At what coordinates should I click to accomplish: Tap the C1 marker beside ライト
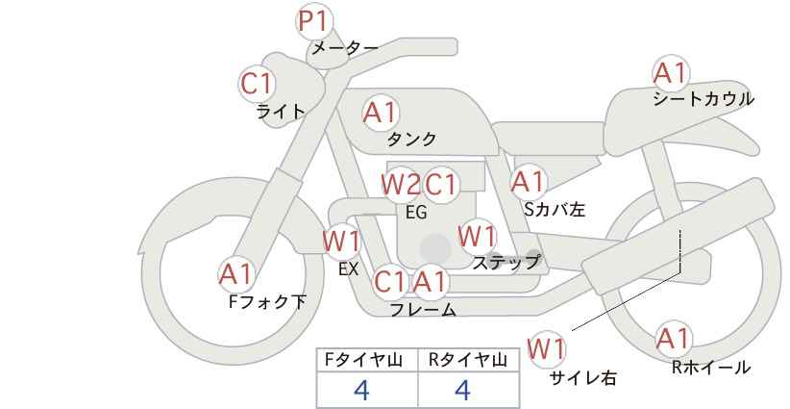click(x=257, y=85)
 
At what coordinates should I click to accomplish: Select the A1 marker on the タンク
click(x=380, y=114)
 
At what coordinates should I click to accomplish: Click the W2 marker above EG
click(x=400, y=184)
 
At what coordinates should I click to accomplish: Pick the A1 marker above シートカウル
click(x=670, y=73)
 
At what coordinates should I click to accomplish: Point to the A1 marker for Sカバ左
click(x=528, y=182)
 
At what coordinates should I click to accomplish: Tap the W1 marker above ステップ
click(x=477, y=237)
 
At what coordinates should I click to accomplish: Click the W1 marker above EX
click(x=341, y=240)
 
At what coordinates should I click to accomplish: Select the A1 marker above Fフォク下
click(x=235, y=275)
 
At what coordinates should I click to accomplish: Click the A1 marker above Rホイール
click(x=673, y=339)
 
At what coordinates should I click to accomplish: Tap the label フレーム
click(x=423, y=310)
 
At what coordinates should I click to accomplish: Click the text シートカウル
click(x=704, y=99)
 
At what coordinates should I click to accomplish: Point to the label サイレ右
click(x=582, y=378)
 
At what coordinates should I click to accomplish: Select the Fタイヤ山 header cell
click(x=368, y=360)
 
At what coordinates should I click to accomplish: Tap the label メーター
click(x=344, y=48)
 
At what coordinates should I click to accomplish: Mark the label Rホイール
click(x=711, y=367)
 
